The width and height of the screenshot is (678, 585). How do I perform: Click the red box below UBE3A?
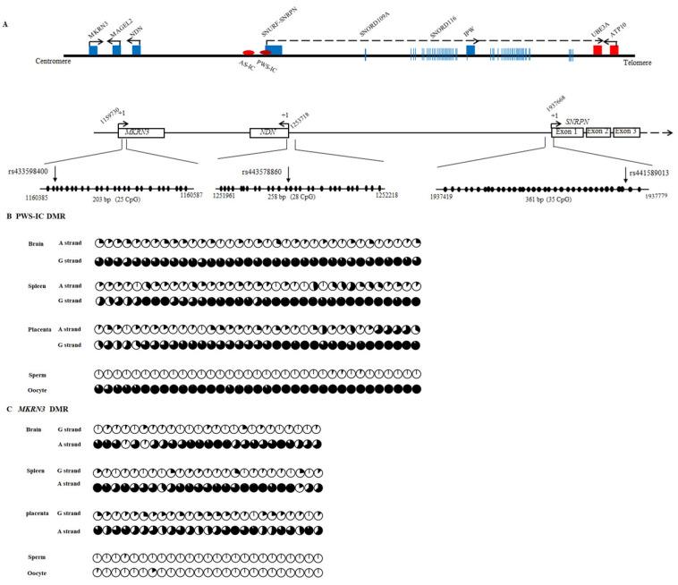[x=597, y=51]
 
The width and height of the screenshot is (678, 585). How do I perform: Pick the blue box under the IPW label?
[x=470, y=51]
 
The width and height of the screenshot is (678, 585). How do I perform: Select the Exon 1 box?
[x=567, y=131]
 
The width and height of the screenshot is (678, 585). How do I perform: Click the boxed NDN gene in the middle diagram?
[x=268, y=131]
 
